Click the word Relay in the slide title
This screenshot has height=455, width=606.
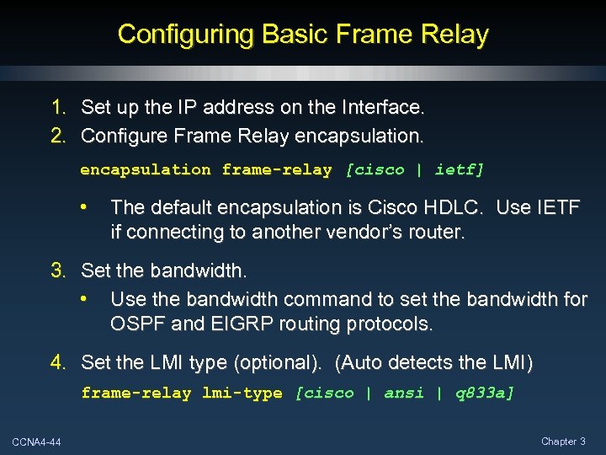click(x=454, y=35)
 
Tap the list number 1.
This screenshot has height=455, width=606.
click(x=58, y=108)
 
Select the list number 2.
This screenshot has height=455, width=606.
click(x=58, y=135)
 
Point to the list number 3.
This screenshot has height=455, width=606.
click(x=58, y=271)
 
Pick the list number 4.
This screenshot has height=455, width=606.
click(x=58, y=363)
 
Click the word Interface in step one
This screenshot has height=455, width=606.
click(x=384, y=108)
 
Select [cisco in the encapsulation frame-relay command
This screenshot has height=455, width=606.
click(x=375, y=170)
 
